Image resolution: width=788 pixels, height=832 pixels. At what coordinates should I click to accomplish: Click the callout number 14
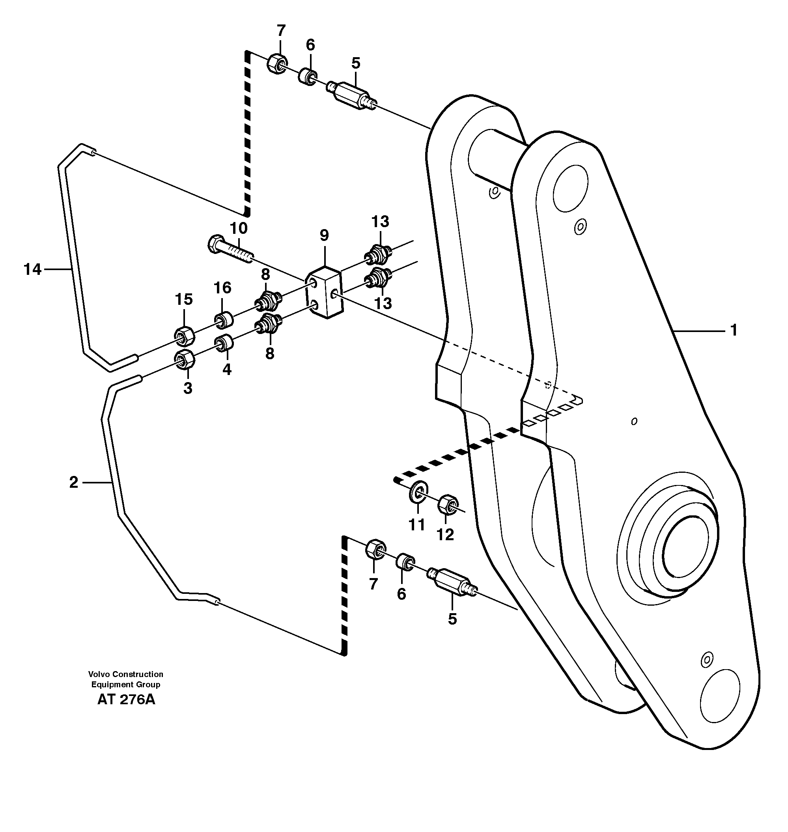[x=32, y=269]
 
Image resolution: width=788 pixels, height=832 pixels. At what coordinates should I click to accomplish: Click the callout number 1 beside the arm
[x=734, y=330]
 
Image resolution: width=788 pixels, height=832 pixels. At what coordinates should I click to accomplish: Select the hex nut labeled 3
[x=183, y=360]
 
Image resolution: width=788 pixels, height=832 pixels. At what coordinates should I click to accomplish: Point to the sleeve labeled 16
[x=224, y=321]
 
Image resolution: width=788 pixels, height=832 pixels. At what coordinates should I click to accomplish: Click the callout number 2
[x=73, y=483]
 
